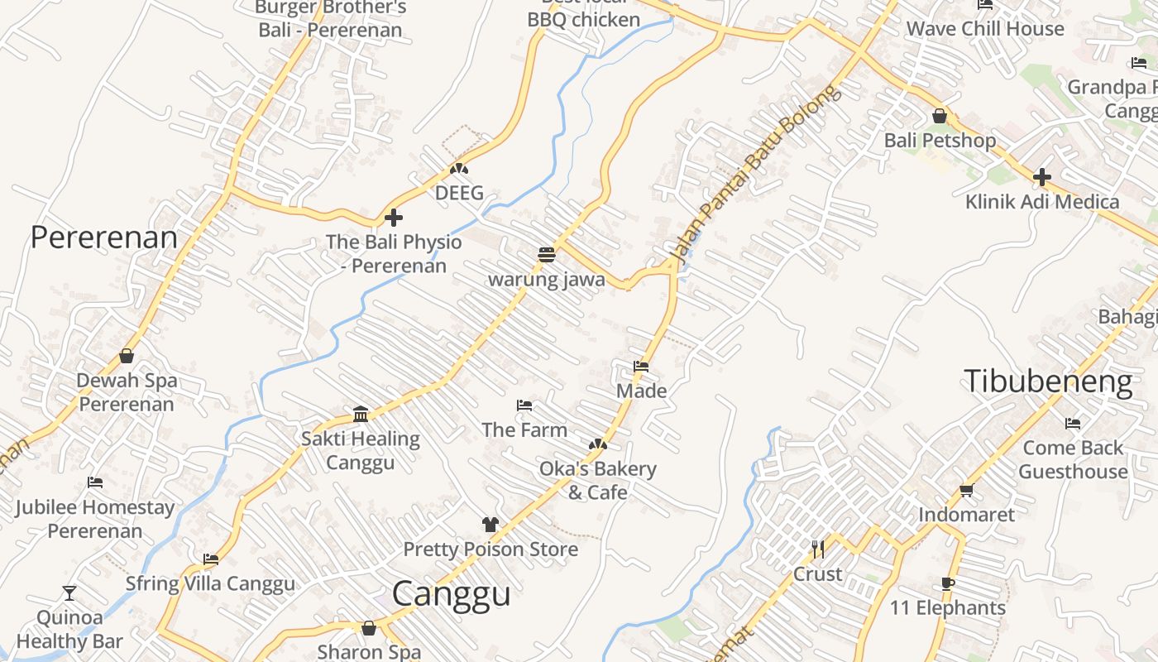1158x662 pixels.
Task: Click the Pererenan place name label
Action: [104, 237]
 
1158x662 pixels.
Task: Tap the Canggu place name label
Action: [451, 594]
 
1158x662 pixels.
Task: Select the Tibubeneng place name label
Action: [1048, 381]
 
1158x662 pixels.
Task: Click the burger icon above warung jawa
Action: [546, 255]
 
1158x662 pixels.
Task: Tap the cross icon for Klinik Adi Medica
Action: [1041, 177]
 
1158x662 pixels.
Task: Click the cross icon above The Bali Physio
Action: [394, 218]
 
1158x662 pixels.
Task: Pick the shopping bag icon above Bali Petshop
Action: [940, 116]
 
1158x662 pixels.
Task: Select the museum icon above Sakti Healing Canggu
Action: [361, 414]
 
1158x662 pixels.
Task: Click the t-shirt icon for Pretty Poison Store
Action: [490, 525]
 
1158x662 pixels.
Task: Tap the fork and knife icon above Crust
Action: [818, 549]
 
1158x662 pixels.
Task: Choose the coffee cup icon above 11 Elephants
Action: [948, 583]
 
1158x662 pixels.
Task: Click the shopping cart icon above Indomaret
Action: [966, 490]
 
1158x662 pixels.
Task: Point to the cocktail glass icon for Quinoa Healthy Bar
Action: [69, 593]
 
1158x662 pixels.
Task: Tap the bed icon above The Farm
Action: [524, 405]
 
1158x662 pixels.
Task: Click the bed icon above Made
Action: [641, 366]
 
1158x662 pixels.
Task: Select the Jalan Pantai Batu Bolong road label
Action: [754, 175]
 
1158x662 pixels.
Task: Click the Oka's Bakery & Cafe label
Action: [597, 481]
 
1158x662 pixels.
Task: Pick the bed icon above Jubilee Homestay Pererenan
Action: [95, 482]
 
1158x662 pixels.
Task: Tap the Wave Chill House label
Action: [984, 29]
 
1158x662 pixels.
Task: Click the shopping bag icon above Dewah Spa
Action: [127, 356]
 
